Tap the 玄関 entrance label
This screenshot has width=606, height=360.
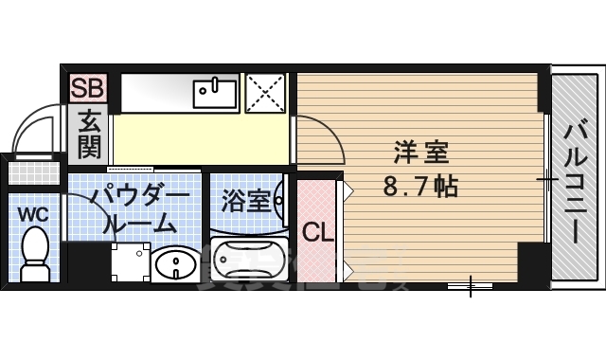(90, 135)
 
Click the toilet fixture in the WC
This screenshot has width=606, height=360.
(36, 257)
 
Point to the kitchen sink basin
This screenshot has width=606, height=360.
(216, 93)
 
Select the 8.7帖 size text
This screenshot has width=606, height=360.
(420, 185)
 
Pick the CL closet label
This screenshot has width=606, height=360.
(317, 232)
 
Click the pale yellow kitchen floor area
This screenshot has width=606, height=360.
(199, 137)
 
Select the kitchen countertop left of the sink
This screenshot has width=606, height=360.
(156, 92)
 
